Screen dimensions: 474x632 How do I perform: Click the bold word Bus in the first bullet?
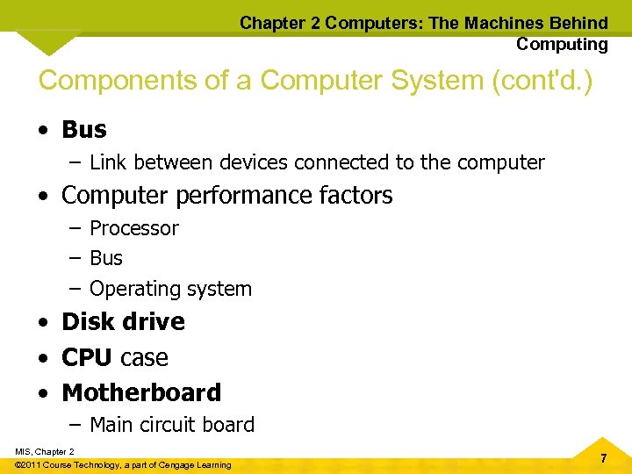click(84, 130)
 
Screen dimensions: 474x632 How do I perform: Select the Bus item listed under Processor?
click(106, 258)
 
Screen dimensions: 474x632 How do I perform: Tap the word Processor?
click(134, 228)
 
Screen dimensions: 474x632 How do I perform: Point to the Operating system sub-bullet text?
click(170, 289)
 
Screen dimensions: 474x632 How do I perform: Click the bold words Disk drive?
click(123, 322)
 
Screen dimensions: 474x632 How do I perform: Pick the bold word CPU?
click(86, 358)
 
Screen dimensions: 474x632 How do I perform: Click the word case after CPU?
click(144, 358)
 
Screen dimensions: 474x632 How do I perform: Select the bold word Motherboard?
click(141, 392)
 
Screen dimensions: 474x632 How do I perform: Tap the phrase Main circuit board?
click(172, 425)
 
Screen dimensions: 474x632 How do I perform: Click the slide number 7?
click(603, 459)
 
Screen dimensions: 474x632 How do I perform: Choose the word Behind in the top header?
click(575, 23)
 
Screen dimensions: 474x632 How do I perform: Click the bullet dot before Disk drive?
click(44, 323)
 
